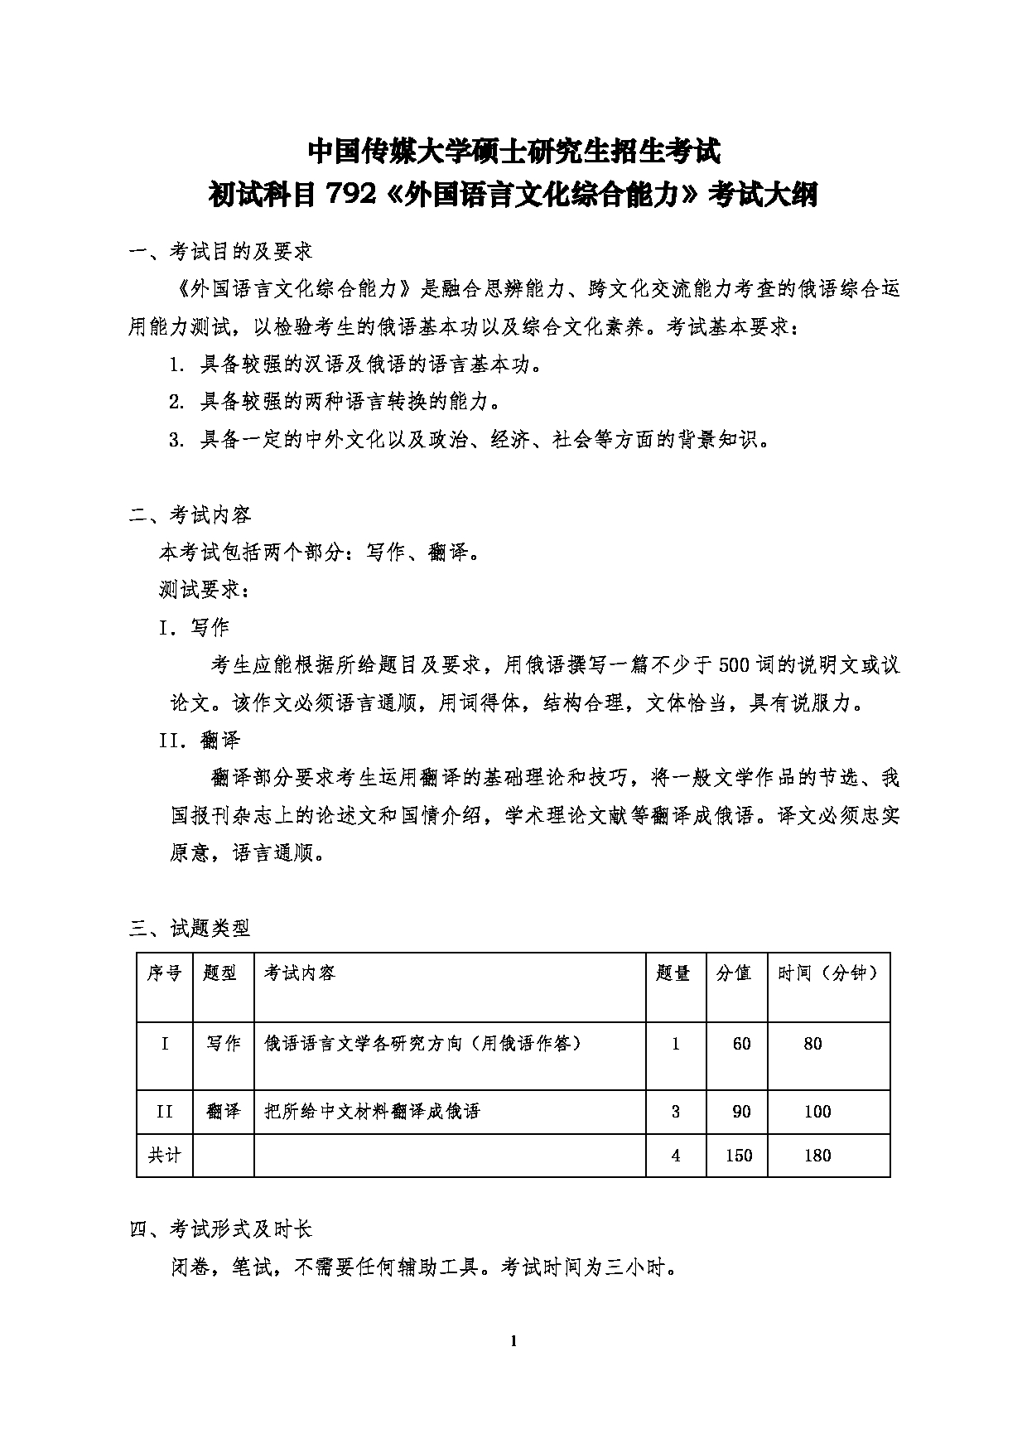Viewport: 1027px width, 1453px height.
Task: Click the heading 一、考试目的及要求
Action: pos(220,250)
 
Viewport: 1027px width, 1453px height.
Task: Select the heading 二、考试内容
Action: pos(190,514)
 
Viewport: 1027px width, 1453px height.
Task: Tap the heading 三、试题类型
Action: pos(190,928)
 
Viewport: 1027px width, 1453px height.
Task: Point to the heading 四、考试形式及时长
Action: pos(220,1229)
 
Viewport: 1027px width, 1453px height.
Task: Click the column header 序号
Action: pos(164,973)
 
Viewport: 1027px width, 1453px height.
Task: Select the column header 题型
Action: pos(220,973)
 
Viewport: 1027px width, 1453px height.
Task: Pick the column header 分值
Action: pos(734,973)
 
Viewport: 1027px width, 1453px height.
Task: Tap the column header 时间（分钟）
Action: pos(827,973)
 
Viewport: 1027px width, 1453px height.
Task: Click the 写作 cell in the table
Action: pos(223,1044)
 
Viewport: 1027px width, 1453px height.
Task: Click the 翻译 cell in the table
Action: pos(223,1111)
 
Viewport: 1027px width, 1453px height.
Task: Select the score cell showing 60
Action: pos(741,1044)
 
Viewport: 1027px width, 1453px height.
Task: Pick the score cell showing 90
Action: pos(741,1111)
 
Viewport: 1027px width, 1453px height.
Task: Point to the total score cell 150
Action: pos(739,1155)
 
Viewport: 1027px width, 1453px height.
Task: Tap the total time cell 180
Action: pos(817,1155)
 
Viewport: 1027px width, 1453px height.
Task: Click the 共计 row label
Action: pos(164,1155)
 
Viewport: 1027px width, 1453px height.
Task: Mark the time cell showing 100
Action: pos(817,1111)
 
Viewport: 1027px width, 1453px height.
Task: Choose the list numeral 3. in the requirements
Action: pos(176,440)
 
